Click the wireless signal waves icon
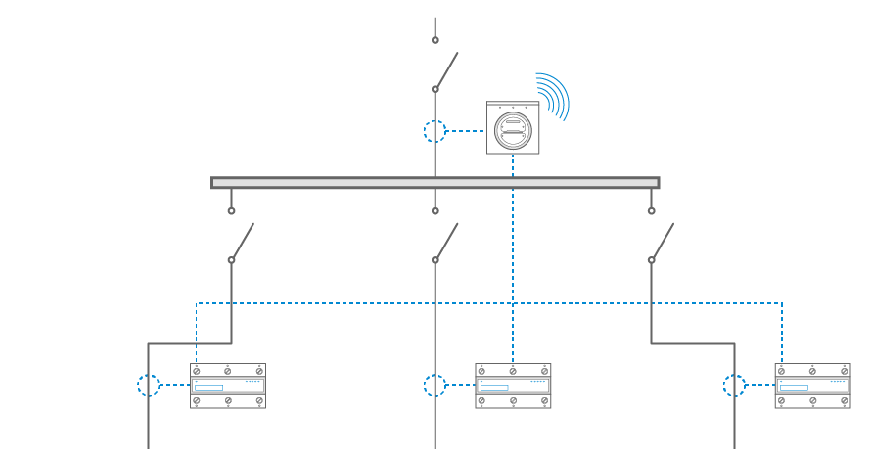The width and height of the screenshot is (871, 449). (x=554, y=95)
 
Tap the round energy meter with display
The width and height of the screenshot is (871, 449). (x=513, y=130)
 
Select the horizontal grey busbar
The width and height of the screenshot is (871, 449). (x=435, y=183)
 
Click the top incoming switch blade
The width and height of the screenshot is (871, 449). (x=446, y=70)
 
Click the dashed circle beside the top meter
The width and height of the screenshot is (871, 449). (x=435, y=131)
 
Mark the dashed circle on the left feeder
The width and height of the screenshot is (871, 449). (x=149, y=385)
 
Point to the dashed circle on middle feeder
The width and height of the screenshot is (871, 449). (x=435, y=385)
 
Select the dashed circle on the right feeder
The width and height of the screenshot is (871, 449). (x=734, y=385)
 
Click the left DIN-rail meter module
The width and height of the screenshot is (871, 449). (x=227, y=385)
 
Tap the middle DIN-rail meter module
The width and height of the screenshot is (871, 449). (x=513, y=385)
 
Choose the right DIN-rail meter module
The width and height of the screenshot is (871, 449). (x=812, y=385)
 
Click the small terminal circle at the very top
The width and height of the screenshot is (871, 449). (x=435, y=40)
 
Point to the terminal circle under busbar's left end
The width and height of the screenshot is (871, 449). (x=232, y=210)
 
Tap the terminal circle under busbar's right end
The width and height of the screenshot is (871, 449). (x=651, y=210)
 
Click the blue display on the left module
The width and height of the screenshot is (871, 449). (x=209, y=388)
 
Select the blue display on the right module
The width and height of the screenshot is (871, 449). (x=794, y=388)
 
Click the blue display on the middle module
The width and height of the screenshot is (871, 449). (x=494, y=388)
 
